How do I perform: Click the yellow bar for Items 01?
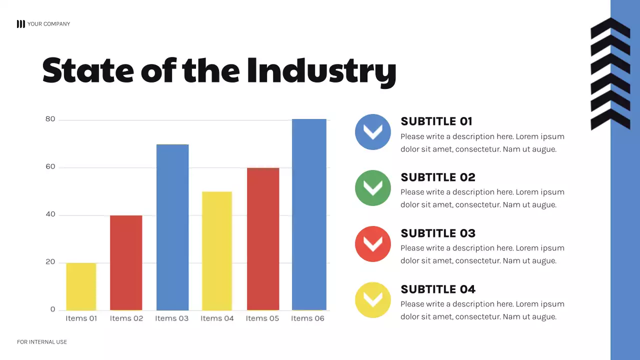coord(81,286)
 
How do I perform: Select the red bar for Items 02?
coord(126,262)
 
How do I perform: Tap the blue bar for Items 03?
coord(172,227)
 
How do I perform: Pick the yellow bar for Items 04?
coord(217,250)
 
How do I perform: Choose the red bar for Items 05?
coord(263,239)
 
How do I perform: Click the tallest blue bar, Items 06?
coord(309,214)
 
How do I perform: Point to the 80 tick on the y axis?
coord(50,119)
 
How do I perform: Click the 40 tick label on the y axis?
coord(50,215)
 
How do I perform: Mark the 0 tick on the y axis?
coord(52,309)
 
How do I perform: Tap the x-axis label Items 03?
coord(171,318)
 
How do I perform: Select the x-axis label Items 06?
coord(307,318)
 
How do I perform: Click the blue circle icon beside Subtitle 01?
coord(373,132)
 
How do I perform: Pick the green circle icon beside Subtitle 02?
coord(373,188)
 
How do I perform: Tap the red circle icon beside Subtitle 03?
coord(373,244)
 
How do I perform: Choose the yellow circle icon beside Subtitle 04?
coord(373,300)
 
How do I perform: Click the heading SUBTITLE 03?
coord(438,233)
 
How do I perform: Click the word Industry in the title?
coord(321,71)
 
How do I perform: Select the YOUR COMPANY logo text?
coord(48,24)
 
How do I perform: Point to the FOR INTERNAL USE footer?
coord(42,342)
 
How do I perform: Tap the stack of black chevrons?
coord(610,74)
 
